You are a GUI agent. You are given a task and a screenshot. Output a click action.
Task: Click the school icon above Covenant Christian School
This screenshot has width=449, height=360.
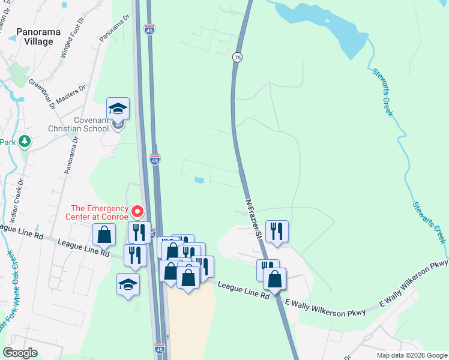tap(118, 108)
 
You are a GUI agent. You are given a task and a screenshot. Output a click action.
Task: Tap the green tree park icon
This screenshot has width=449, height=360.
tap(25, 142)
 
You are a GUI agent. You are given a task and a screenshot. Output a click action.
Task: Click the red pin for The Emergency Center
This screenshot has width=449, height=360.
tap(137, 212)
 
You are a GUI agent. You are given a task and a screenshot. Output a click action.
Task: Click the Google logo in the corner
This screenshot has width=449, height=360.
tap(20, 353)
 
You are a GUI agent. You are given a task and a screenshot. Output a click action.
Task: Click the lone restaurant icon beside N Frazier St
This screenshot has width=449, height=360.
tap(277, 231)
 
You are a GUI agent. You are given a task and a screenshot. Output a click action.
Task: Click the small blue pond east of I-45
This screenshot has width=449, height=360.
tap(198, 179)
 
